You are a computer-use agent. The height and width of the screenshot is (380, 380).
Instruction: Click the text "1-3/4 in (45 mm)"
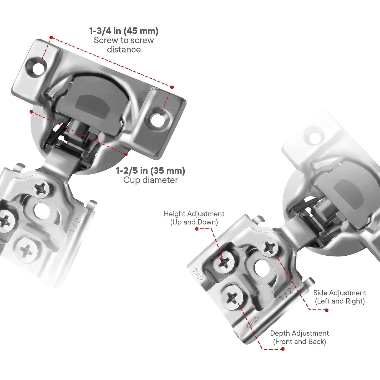click(124, 31)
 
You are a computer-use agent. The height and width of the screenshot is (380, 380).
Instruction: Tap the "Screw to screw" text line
click(124, 40)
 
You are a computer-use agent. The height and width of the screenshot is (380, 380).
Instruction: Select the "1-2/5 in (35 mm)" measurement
click(150, 171)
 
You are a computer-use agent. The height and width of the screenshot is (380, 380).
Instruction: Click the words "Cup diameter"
click(150, 180)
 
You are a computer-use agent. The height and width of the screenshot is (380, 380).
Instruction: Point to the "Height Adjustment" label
click(194, 214)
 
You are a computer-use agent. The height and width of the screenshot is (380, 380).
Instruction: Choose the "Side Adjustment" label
click(340, 293)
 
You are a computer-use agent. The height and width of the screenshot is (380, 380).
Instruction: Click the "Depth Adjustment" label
click(300, 333)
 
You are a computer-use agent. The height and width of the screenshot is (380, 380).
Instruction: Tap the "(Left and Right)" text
click(340, 301)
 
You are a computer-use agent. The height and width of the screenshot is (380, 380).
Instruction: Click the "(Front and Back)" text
click(300, 342)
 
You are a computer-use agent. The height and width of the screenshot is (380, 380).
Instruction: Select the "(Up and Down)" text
click(194, 222)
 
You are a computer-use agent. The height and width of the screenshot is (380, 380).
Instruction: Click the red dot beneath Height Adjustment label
click(197, 229)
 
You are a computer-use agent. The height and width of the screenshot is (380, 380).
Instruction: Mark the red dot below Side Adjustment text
click(327, 310)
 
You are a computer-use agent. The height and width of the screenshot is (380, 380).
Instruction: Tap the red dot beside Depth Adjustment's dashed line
click(282, 349)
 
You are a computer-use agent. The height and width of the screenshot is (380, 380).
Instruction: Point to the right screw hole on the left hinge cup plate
click(159, 119)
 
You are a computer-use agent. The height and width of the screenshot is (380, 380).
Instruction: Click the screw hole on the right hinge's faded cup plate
click(315, 138)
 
